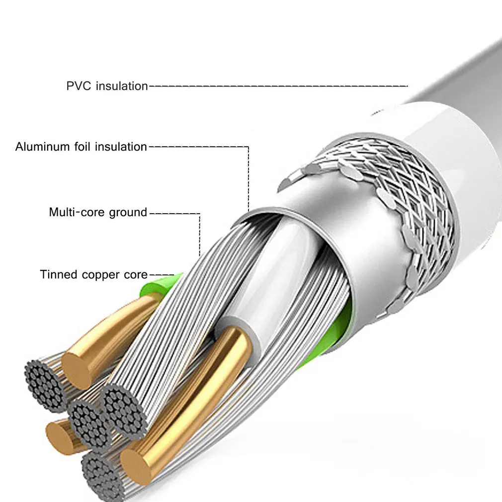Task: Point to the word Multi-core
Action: click(x=75, y=213)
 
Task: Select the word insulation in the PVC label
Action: click(x=122, y=86)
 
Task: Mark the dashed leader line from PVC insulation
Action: click(x=278, y=86)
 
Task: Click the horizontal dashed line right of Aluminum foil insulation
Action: click(x=199, y=147)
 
